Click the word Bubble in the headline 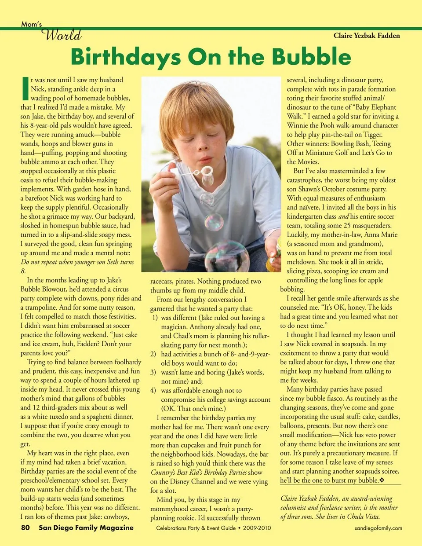(x=311, y=57)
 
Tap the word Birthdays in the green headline (x=125, y=57)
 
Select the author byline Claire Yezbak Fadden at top (x=367, y=36)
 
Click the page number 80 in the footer (x=25, y=528)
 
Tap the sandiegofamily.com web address (x=378, y=528)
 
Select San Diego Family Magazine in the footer (x=86, y=528)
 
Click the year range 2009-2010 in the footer (x=257, y=528)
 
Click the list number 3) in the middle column (x=153, y=372)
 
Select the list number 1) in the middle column (x=154, y=318)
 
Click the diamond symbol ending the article (x=382, y=480)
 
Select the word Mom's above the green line (x=31, y=24)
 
